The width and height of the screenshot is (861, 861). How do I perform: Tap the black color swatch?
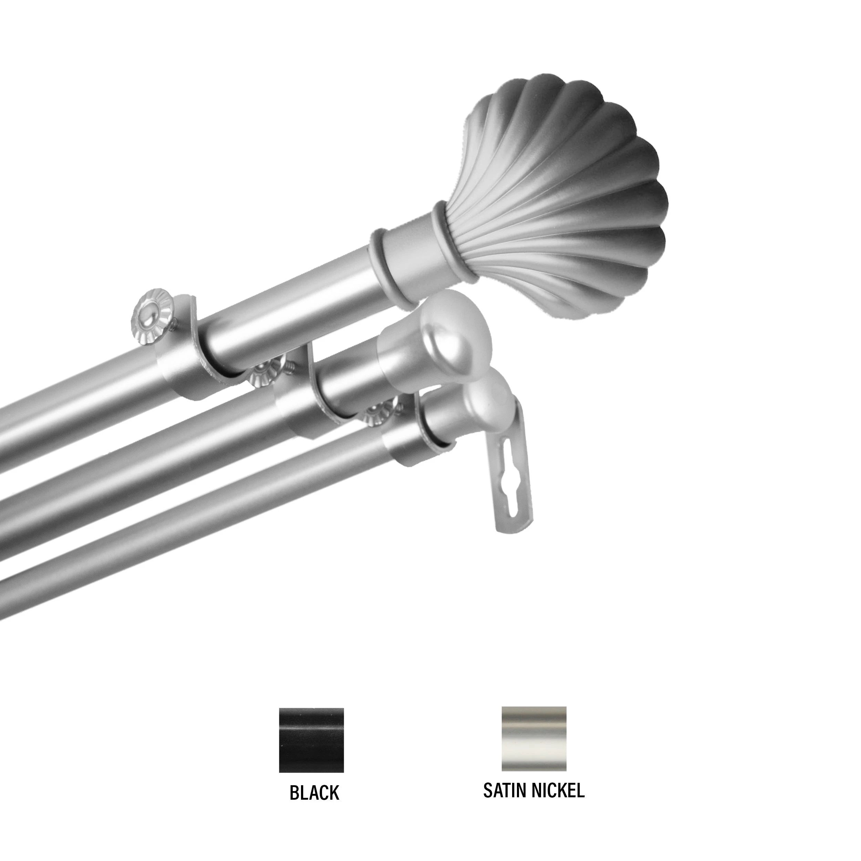[311, 719]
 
